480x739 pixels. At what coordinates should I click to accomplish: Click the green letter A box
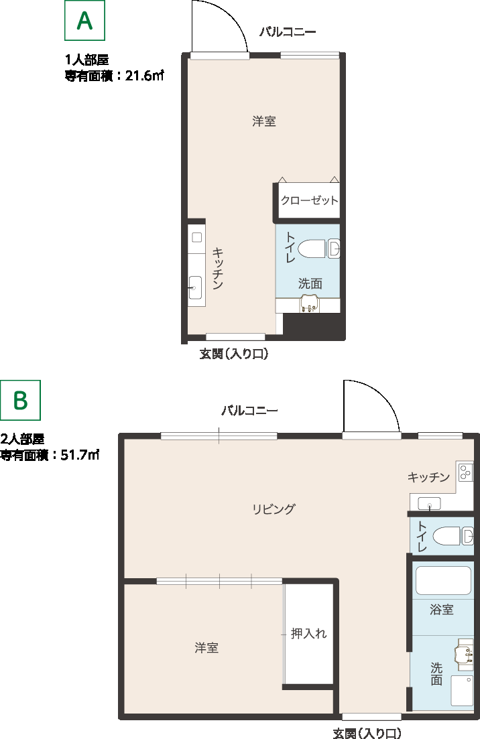[85, 21]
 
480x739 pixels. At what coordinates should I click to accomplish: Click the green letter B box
[20, 400]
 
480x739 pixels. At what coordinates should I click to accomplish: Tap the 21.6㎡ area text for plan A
[144, 76]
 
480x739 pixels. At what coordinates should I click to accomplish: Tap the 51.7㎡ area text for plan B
[80, 455]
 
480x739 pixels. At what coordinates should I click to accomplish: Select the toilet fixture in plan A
[319, 249]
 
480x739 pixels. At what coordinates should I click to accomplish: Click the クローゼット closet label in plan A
[309, 200]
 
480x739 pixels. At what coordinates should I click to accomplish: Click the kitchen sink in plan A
[195, 287]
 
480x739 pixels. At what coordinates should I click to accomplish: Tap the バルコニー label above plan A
[288, 32]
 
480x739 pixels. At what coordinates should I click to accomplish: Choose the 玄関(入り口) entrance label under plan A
[234, 354]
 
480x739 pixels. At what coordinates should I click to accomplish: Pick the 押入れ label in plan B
[309, 633]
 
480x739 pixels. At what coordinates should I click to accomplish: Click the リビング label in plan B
[274, 509]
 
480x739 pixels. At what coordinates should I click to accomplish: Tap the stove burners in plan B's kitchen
[465, 471]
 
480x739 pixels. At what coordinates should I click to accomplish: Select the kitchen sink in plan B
[429, 503]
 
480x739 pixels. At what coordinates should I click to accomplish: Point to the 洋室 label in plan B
[206, 648]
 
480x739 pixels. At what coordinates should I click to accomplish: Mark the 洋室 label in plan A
[264, 121]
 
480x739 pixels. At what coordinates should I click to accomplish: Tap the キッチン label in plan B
[428, 477]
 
